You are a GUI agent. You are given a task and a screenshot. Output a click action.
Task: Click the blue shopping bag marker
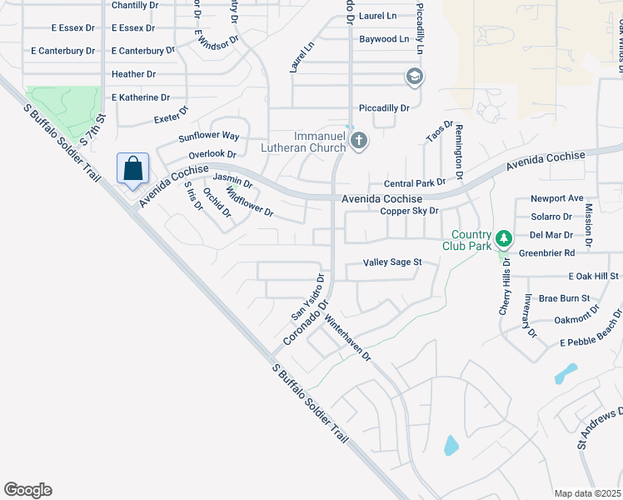pyautogui.click(x=132, y=169)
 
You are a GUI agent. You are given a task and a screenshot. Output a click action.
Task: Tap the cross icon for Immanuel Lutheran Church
pyautogui.click(x=359, y=140)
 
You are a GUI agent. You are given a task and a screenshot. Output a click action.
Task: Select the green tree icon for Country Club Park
pyautogui.click(x=502, y=240)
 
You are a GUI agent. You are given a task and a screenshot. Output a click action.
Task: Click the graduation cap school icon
pyautogui.click(x=414, y=77)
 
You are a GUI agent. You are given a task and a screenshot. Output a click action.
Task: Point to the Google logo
pyautogui.click(x=27, y=490)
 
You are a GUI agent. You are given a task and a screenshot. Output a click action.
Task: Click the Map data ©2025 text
pyautogui.click(x=588, y=493)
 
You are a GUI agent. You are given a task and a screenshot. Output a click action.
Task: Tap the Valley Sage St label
pyautogui.click(x=393, y=262)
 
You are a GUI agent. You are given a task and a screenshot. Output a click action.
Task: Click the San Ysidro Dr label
pyautogui.click(x=307, y=296)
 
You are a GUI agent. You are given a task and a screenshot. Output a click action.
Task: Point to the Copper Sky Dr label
pyautogui.click(x=409, y=211)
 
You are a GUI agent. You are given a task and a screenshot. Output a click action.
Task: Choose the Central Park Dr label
pyautogui.click(x=415, y=183)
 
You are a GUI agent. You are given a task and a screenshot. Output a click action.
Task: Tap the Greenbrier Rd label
pyautogui.click(x=546, y=252)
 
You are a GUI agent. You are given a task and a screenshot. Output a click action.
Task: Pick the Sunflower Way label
pyautogui.click(x=208, y=135)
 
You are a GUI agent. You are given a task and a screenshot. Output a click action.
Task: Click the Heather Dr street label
pyautogui.click(x=133, y=74)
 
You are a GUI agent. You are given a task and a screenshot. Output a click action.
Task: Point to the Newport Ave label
pyautogui.click(x=557, y=198)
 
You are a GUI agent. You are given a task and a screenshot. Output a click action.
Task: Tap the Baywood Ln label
pyautogui.click(x=383, y=39)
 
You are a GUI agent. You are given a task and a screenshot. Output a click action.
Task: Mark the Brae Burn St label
pyautogui.click(x=564, y=297)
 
